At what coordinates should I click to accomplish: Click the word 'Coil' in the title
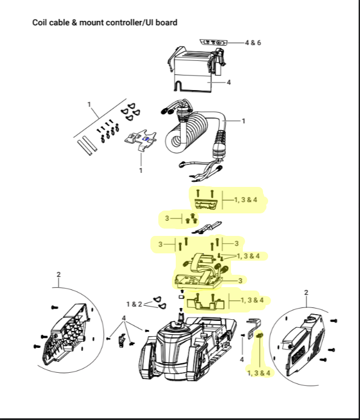pyautogui.click(x=38, y=23)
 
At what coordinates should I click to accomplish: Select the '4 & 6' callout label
pyautogui.click(x=253, y=43)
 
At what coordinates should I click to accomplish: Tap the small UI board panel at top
pyautogui.click(x=214, y=42)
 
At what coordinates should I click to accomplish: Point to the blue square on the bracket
pyautogui.click(x=146, y=138)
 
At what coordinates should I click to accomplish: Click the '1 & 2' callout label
pyautogui.click(x=134, y=304)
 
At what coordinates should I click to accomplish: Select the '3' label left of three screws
pyautogui.click(x=167, y=218)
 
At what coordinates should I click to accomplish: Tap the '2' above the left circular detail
pyautogui.click(x=59, y=275)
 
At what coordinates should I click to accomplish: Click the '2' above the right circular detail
pyautogui.click(x=306, y=293)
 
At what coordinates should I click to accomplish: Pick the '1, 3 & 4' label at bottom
pyautogui.click(x=259, y=373)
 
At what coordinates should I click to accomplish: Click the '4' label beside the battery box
pyautogui.click(x=229, y=83)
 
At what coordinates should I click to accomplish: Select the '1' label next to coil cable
pyautogui.click(x=243, y=121)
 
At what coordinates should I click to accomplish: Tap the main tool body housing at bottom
pyautogui.click(x=188, y=348)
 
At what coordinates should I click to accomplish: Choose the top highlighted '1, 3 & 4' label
pyautogui.click(x=246, y=200)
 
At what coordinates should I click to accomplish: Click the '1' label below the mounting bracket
pyautogui.click(x=141, y=171)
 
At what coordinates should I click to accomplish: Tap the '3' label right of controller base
pyautogui.click(x=240, y=280)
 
